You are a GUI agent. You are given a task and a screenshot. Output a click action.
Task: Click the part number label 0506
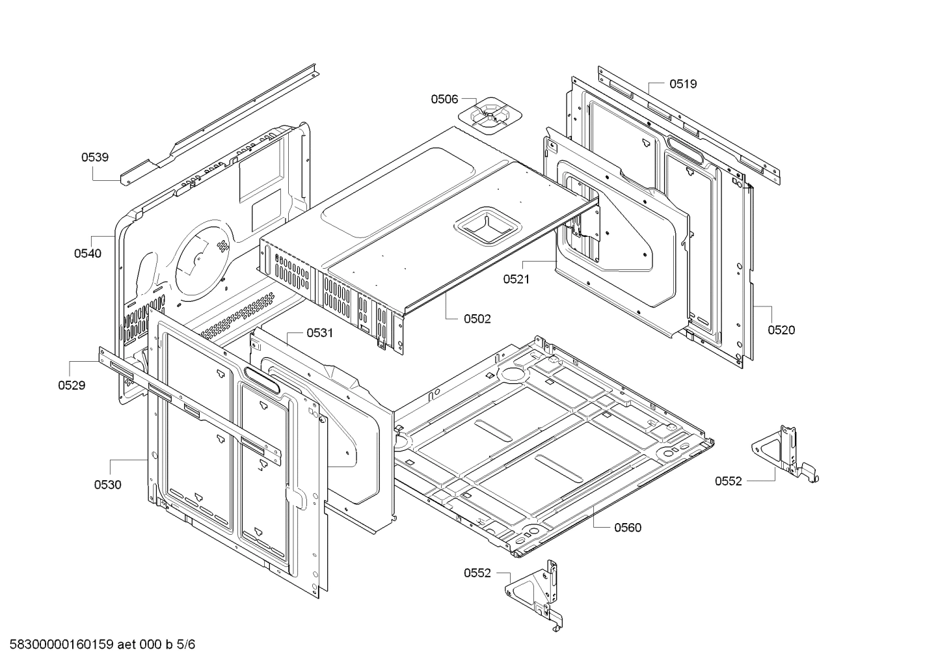tap(444, 100)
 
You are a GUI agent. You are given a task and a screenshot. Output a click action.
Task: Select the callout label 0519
tap(683, 84)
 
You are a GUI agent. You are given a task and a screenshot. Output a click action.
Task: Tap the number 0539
tap(94, 157)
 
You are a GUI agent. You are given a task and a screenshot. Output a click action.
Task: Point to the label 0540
tap(88, 253)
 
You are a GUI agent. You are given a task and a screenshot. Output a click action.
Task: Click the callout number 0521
tap(516, 279)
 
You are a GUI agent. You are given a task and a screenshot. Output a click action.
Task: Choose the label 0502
tap(477, 319)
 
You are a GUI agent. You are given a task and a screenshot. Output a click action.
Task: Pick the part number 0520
tap(781, 331)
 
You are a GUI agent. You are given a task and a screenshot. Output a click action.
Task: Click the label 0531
tap(320, 333)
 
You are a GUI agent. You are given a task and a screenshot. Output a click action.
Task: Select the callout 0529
tap(72, 385)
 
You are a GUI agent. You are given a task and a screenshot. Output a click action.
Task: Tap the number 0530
tap(107, 485)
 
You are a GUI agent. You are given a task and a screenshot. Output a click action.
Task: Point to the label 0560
tap(628, 528)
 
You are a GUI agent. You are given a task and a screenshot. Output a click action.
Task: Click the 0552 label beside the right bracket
tap(728, 481)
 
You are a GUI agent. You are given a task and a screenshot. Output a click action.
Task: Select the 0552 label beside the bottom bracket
tap(477, 573)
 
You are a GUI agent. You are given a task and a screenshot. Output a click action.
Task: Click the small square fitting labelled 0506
tap(490, 116)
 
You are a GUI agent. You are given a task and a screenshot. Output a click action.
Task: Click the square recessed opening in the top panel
tap(487, 225)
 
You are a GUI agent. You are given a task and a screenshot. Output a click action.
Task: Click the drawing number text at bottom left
tap(102, 644)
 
